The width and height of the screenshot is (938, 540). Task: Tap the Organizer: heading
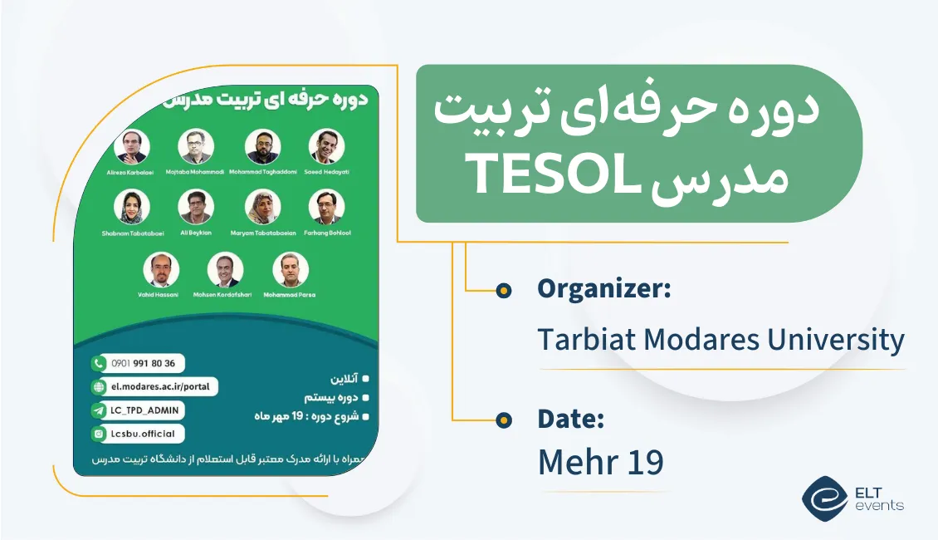click(603, 289)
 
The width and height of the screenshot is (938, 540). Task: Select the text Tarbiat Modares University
click(721, 340)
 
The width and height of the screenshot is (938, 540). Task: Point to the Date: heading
click(570, 419)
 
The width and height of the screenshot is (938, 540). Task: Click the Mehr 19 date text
click(600, 463)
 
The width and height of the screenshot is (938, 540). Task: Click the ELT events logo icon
click(824, 496)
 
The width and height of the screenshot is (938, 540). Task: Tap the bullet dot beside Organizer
click(503, 290)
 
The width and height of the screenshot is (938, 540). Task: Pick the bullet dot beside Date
click(503, 420)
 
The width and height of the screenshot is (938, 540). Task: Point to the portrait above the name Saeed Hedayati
click(326, 146)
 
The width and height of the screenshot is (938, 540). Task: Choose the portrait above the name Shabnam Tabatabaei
click(133, 208)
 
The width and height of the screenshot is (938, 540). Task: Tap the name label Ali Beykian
click(196, 233)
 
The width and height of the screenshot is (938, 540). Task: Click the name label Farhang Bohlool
click(327, 233)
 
